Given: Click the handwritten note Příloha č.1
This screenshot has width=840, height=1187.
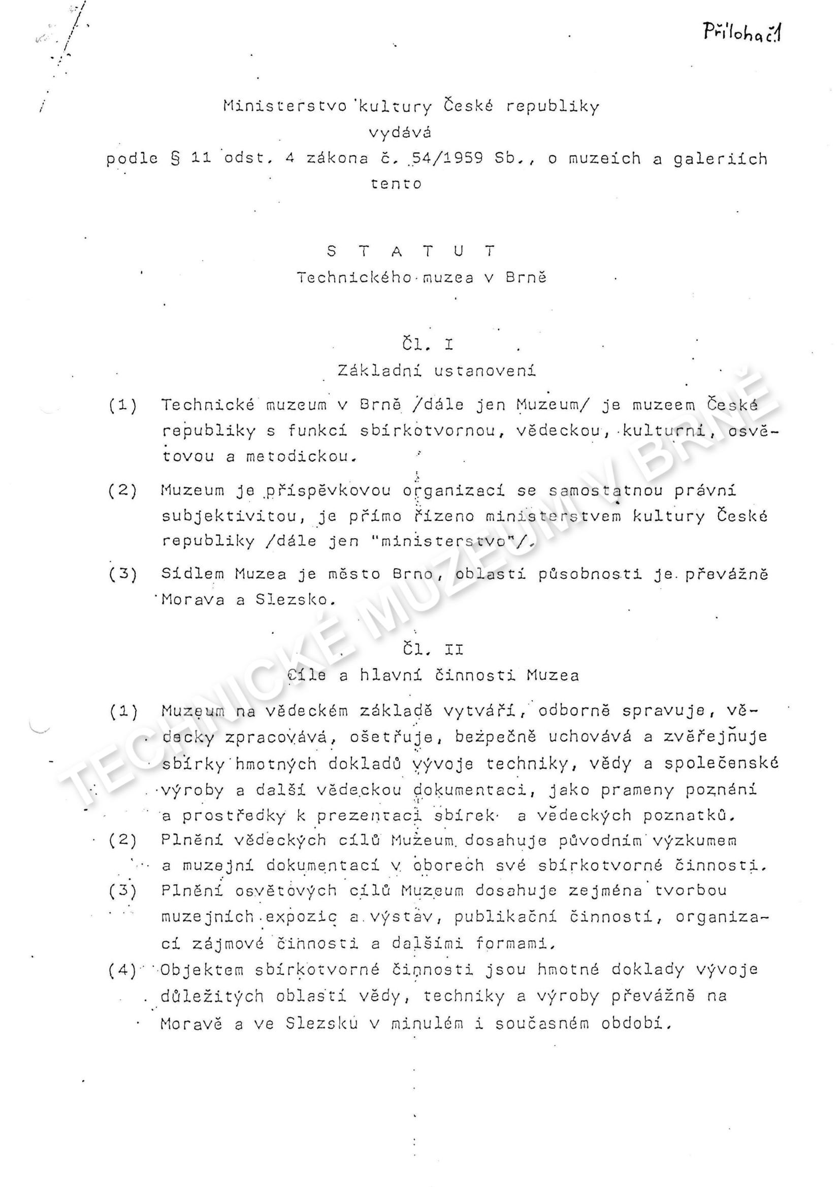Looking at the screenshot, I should click(x=742, y=34).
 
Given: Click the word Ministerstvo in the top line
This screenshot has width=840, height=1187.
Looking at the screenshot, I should click(x=285, y=106).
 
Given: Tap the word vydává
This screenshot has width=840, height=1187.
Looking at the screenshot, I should click(x=400, y=133).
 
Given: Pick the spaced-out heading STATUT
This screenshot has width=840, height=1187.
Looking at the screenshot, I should click(x=412, y=251).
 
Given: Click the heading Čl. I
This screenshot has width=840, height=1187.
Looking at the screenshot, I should click(x=427, y=344).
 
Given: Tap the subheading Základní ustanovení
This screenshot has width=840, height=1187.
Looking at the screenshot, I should click(x=437, y=371).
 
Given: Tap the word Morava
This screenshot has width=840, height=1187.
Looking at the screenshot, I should click(x=193, y=600).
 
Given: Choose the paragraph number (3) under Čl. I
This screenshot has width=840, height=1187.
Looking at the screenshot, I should click(x=123, y=574).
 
